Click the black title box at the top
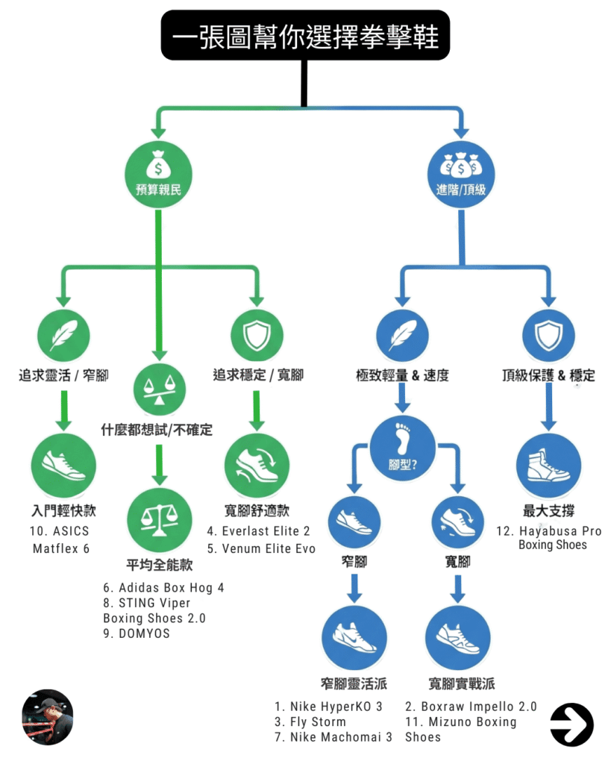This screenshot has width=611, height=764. [x=305, y=34]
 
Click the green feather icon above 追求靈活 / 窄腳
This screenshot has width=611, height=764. [x=63, y=336]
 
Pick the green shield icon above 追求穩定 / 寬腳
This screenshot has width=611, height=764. [x=256, y=336]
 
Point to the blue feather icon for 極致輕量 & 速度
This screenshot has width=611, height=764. [x=402, y=336]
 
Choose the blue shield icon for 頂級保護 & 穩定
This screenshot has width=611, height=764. [x=548, y=336]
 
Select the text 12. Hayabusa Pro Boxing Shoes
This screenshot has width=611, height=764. [x=549, y=538]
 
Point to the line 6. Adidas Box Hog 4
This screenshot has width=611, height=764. [x=163, y=587]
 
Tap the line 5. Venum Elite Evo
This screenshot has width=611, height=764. [x=261, y=548]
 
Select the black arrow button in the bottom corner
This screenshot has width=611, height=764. [x=571, y=724]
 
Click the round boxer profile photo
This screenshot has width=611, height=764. [x=48, y=717]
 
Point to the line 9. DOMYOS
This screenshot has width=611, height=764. [x=137, y=633]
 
